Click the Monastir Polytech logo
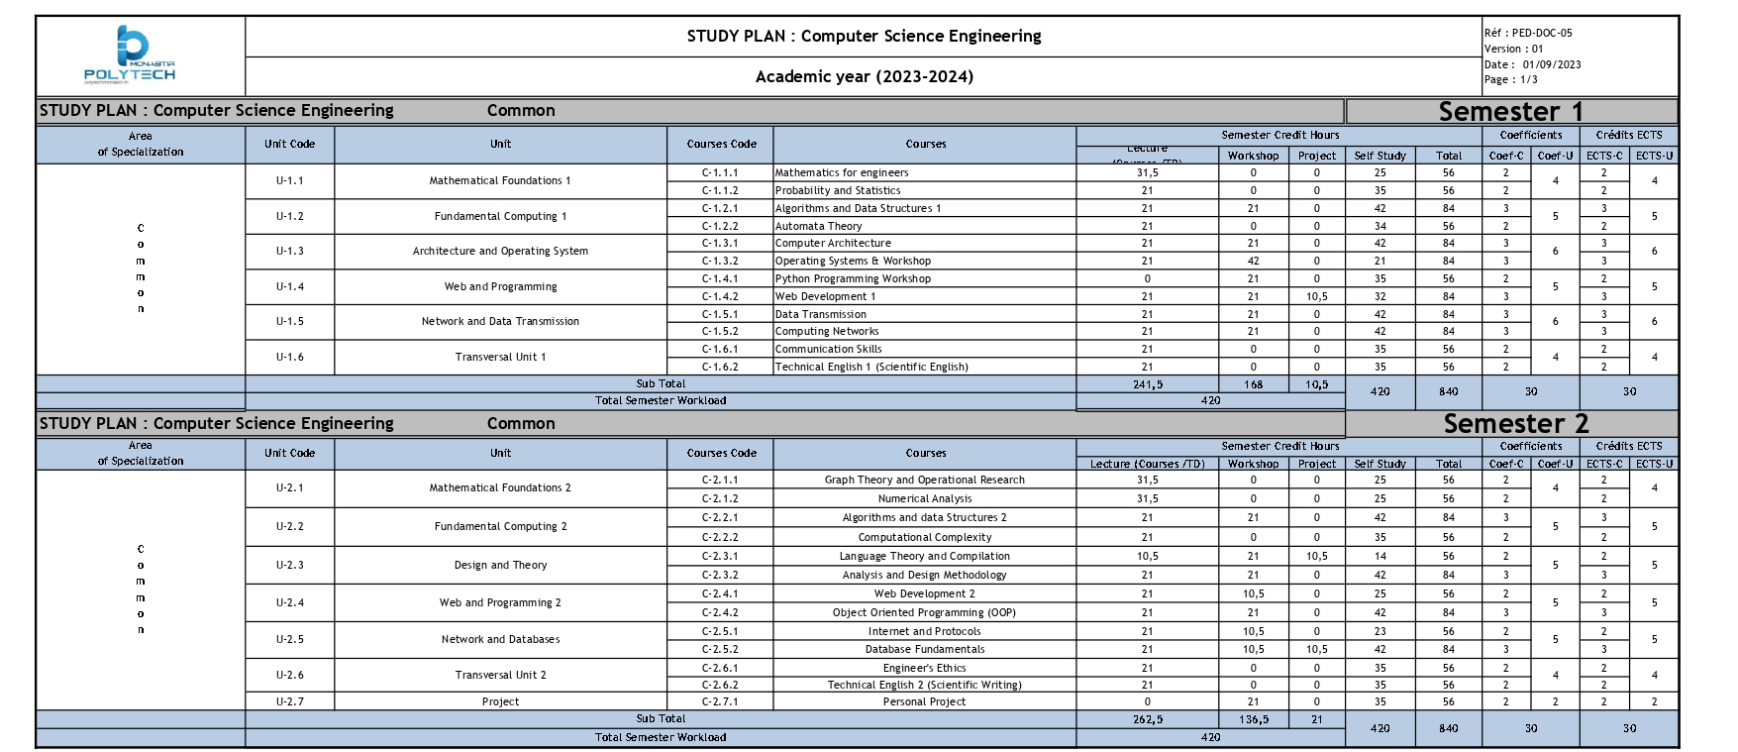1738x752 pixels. [x=131, y=54]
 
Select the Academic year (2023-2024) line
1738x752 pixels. [x=864, y=76]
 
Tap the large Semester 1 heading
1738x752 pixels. [x=1510, y=111]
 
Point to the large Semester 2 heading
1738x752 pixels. [x=1515, y=424]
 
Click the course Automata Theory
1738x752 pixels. [x=819, y=226]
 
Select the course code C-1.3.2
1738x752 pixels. [x=720, y=261]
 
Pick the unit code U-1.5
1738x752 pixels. [x=289, y=321]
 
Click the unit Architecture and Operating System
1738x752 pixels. [x=500, y=251]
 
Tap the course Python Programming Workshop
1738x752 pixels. [x=853, y=278]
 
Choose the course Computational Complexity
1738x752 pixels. [x=924, y=537]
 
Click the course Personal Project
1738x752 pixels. [x=924, y=701]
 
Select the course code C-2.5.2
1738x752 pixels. [x=720, y=649]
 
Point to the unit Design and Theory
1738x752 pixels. [x=500, y=565]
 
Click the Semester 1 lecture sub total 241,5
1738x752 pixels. [x=1147, y=384]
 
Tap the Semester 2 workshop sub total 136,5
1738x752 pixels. [x=1253, y=719]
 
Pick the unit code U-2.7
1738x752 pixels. [x=289, y=701]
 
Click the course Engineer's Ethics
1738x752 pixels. [x=924, y=668]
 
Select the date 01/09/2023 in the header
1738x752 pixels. [x=1552, y=64]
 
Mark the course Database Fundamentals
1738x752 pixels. [x=924, y=649]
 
